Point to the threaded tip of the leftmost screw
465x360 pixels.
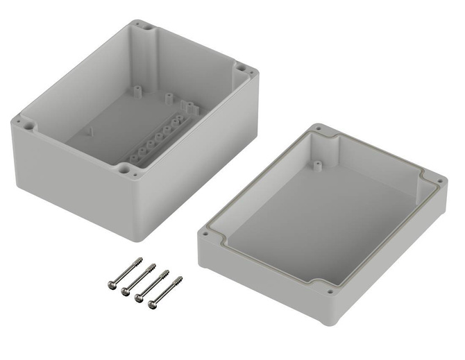pyautogui.click(x=144, y=262)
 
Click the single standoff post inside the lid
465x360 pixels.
pyautogui.click(x=317, y=166)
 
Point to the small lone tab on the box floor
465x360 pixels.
pyautogui.click(x=89, y=130)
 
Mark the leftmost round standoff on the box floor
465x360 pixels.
pyautogui.click(x=137, y=90)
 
